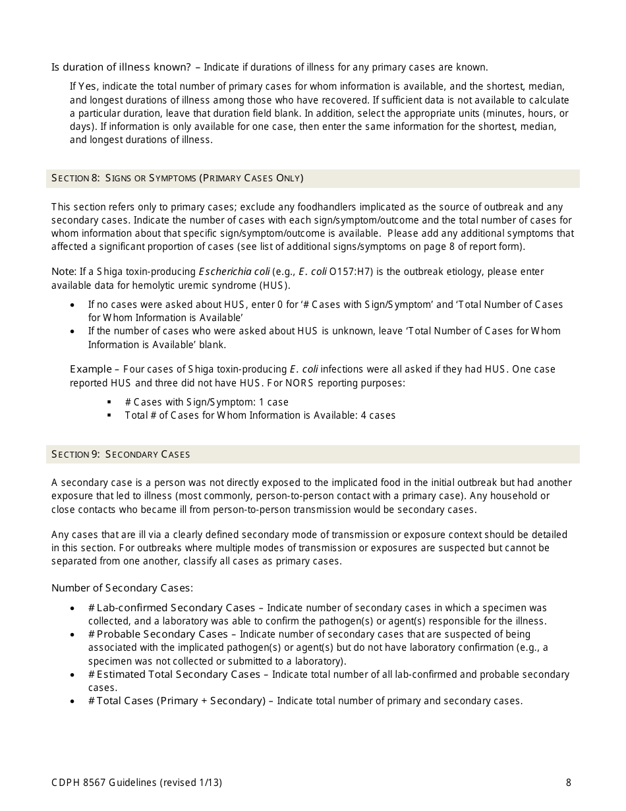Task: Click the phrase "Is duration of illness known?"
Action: click(x=121, y=67)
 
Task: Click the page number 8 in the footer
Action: click(x=568, y=783)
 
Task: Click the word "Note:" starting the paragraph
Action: click(x=63, y=272)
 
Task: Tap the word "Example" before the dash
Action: click(x=91, y=369)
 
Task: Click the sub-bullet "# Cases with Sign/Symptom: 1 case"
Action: click(x=206, y=402)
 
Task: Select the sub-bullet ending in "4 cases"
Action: click(x=260, y=415)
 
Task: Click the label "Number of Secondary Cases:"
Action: click(x=122, y=588)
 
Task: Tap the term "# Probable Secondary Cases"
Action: click(x=157, y=634)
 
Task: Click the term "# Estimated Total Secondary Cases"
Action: click(x=174, y=675)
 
